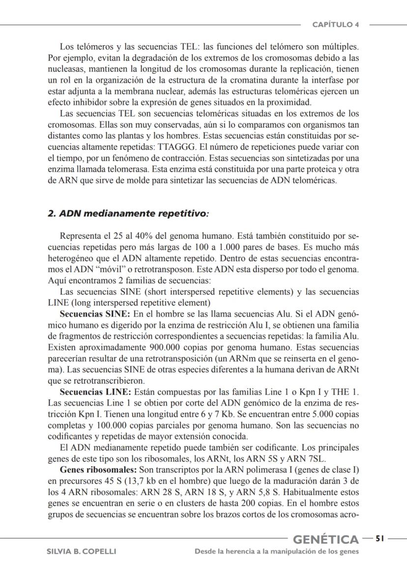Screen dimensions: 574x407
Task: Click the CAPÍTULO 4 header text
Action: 336,25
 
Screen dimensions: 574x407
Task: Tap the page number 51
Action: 379,539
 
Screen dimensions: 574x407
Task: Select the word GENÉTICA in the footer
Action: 326,540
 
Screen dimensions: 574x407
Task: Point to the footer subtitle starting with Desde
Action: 277,551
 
